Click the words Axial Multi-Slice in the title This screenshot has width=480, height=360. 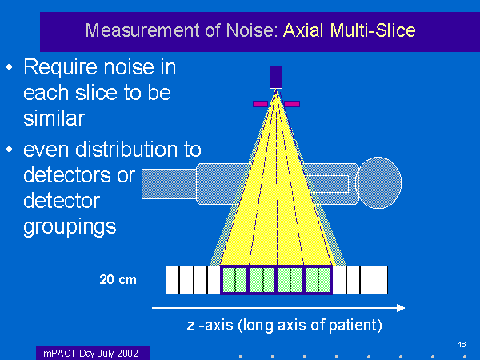tap(350, 31)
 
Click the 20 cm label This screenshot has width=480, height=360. tap(118, 279)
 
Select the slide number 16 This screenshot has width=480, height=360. tap(462, 344)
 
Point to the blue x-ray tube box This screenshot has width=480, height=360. tap(276, 76)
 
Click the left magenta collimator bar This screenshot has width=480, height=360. tap(260, 103)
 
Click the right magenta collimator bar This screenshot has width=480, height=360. tap(292, 103)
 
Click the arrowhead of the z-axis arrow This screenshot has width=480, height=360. tap(400, 308)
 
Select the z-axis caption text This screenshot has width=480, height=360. tap(284, 326)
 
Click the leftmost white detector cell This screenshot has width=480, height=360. tap(172, 280)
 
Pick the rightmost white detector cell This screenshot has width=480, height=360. tap(381, 280)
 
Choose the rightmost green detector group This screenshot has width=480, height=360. tap(318, 280)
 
